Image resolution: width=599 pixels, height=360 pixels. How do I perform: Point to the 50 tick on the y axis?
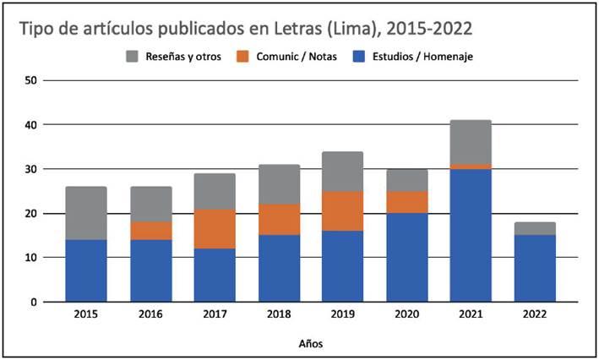tap(31, 80)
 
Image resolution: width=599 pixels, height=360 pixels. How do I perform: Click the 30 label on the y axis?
tap(31, 169)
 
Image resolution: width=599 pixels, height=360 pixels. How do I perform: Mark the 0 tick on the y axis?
tap(34, 302)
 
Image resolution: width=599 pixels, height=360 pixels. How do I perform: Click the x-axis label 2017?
tap(214, 315)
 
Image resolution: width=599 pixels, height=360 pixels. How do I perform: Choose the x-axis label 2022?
tap(535, 315)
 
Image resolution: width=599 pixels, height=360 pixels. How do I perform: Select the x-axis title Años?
tap(309, 344)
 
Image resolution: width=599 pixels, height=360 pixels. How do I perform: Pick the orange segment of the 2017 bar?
tap(214, 229)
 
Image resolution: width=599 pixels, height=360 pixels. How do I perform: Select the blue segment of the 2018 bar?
tap(278, 268)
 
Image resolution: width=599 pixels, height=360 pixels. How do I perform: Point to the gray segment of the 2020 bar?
tap(406, 180)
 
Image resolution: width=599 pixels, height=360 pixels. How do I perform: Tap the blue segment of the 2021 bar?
tap(471, 235)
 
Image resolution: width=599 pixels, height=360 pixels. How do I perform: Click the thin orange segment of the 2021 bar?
tap(471, 166)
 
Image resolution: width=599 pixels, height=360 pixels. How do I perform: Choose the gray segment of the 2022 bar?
tap(535, 228)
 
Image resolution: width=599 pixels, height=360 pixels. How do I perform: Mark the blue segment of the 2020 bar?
tap(406, 257)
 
